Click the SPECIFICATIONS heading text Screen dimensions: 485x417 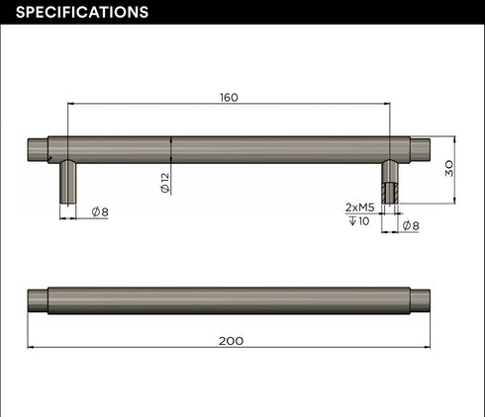[82, 12]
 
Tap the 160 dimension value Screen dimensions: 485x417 [229, 98]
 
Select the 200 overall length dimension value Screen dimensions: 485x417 [231, 341]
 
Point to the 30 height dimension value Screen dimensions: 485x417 [449, 169]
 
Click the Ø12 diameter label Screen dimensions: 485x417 [165, 183]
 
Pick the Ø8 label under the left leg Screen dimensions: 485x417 [100, 211]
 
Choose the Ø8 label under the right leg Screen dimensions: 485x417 [411, 225]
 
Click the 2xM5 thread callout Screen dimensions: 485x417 [359, 208]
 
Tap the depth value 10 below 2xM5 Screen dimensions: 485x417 [363, 221]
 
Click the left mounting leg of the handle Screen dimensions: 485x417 [67, 182]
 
